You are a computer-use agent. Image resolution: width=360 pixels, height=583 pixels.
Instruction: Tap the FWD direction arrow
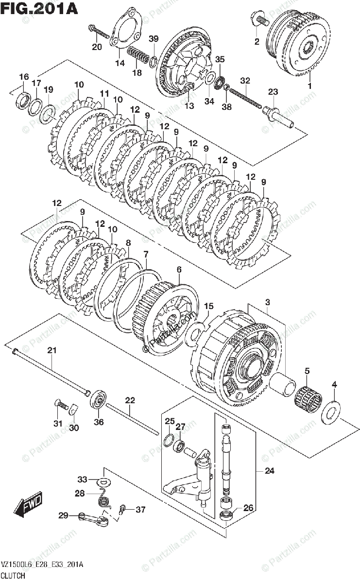click(29, 504)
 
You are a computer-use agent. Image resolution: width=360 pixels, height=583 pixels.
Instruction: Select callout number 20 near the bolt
click(97, 47)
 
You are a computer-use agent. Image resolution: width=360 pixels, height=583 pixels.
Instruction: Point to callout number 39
click(154, 39)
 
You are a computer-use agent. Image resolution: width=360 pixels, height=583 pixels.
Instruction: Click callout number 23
click(273, 92)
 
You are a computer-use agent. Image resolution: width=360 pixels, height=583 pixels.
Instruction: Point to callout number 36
click(99, 422)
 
